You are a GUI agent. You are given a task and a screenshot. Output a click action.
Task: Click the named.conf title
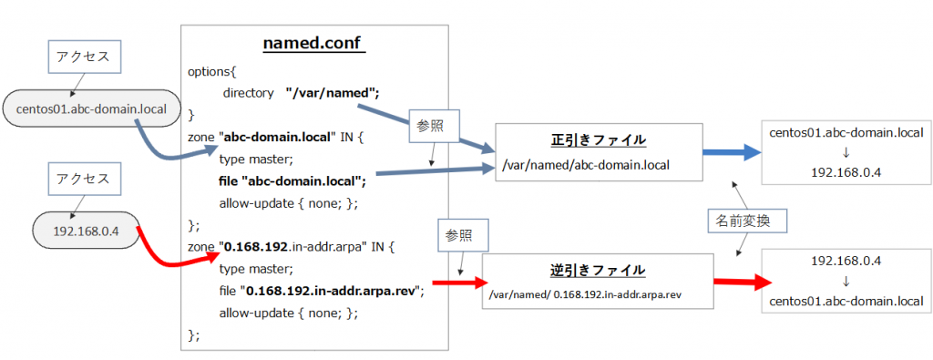click(x=314, y=44)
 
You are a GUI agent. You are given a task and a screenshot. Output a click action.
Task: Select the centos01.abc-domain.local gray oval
click(x=91, y=109)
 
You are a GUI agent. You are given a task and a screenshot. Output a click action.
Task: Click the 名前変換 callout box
click(x=743, y=221)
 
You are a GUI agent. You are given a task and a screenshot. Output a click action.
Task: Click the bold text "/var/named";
click(x=332, y=92)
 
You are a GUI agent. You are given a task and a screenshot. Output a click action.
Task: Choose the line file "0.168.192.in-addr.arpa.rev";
click(x=322, y=291)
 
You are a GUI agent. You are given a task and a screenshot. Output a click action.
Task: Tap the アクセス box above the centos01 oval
click(x=83, y=57)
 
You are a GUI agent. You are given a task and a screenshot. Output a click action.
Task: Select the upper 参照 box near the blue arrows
click(x=431, y=124)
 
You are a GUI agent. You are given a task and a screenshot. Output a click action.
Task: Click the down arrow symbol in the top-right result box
click(x=846, y=150)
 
